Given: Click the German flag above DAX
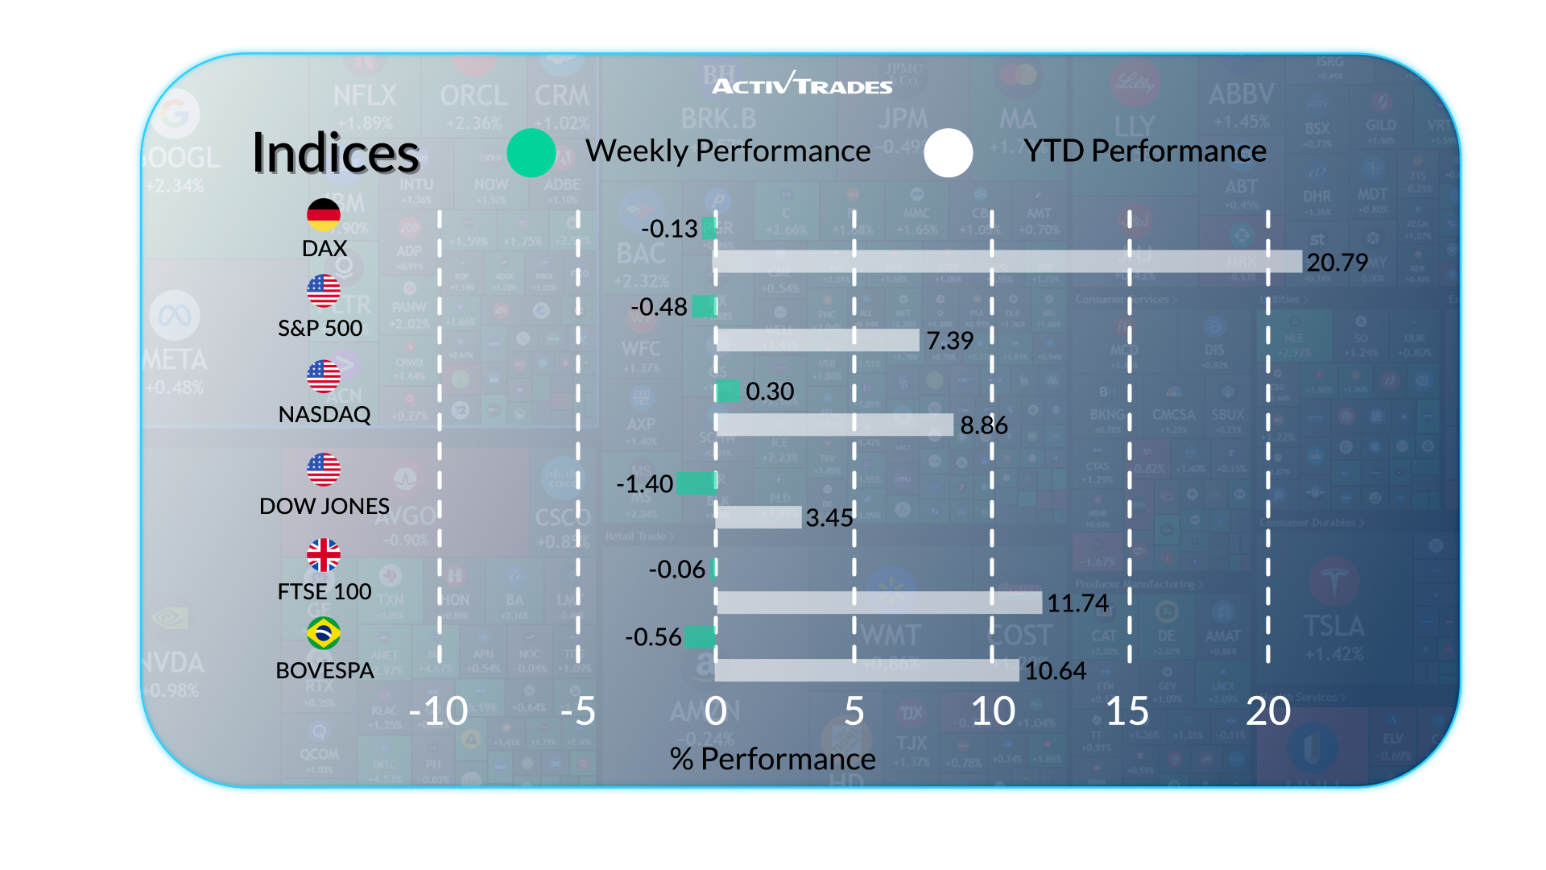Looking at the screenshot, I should point(324,214).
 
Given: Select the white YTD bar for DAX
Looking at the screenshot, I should point(1007,261).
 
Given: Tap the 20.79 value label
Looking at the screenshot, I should point(1337,263).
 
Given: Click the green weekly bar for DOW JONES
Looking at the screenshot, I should point(696,483).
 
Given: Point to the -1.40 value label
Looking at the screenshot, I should point(644,484).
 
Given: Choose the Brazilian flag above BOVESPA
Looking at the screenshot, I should point(324,633).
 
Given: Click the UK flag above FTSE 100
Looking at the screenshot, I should point(324,555).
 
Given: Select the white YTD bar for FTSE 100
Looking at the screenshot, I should point(878,603).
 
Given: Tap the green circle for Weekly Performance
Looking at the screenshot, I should point(531,152).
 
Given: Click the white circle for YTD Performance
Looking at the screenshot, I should point(949,152).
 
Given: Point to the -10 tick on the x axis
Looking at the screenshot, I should point(438,711).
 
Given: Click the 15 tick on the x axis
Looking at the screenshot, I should point(1127,711).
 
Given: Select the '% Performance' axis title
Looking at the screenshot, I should point(772,759).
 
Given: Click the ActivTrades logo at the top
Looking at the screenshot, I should point(802,84).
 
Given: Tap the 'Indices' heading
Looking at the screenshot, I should point(336,153).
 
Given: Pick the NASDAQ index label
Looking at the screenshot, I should point(324,414).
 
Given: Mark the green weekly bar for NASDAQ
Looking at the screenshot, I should point(728,391).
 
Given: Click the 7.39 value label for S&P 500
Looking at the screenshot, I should point(950,341).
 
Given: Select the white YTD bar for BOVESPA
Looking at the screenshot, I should point(866,670).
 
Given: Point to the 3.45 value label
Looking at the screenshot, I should point(829,518).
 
